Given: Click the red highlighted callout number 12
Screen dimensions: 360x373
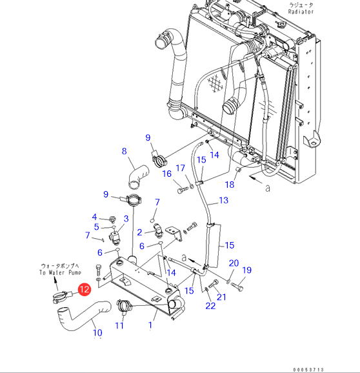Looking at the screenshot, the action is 85,290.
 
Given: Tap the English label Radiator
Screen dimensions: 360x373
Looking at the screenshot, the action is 301,12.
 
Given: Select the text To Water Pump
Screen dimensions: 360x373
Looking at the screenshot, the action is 61,272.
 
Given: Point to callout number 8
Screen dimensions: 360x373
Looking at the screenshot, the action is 124,151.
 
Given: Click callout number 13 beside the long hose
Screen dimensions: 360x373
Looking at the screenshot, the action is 223,200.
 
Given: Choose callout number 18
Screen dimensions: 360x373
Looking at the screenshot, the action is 230,185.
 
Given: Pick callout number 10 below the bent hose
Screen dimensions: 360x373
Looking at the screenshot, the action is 97,332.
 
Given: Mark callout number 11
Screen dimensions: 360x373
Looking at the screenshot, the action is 119,325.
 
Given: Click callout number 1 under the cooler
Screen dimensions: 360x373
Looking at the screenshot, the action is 150,325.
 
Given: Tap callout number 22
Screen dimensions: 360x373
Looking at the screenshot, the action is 210,306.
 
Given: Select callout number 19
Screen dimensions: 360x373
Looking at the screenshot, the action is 247,270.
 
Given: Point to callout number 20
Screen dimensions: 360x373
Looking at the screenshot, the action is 234,263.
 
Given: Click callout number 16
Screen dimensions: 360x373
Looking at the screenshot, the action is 167,174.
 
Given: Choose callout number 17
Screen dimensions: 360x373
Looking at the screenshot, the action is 181,168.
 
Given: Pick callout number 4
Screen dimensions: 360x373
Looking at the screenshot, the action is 94,217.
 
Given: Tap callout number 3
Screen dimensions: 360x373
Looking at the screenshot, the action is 126,219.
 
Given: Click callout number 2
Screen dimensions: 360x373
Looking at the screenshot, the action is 139,232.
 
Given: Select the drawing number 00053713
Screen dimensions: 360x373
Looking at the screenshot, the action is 308,370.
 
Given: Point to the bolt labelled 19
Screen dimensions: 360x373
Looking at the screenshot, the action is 237,286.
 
